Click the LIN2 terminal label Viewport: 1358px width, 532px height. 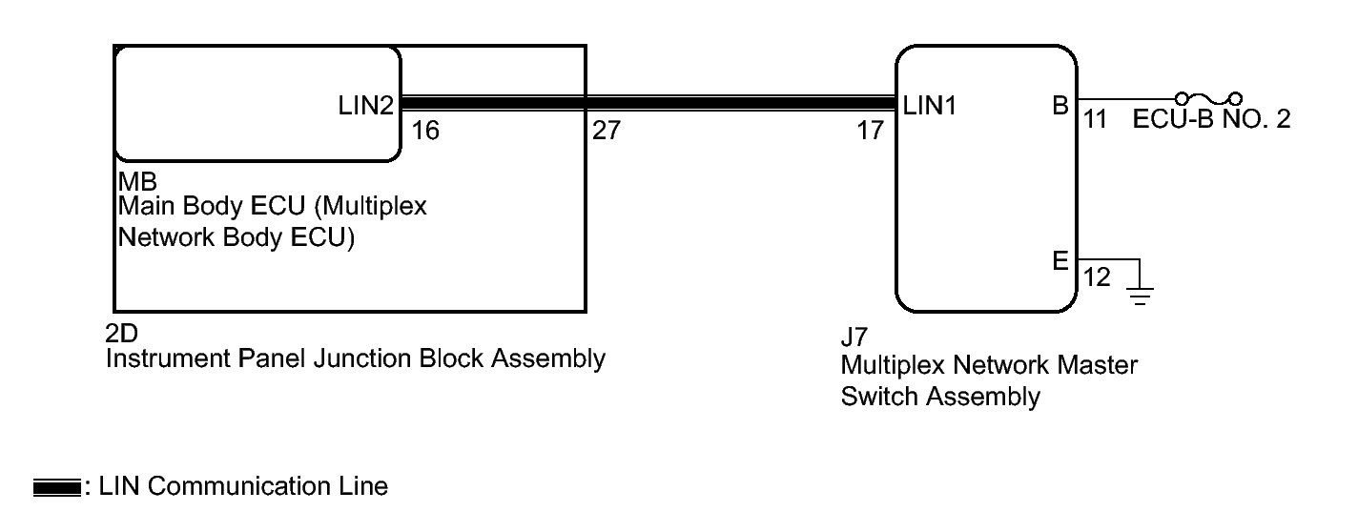(x=365, y=106)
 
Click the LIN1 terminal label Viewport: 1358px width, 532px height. (x=930, y=106)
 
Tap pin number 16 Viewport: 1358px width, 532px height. (x=425, y=131)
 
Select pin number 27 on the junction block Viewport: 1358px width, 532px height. (x=607, y=131)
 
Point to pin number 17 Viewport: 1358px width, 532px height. (x=871, y=131)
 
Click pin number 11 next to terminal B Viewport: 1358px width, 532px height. (x=1095, y=119)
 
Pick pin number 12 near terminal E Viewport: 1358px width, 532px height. (x=1097, y=276)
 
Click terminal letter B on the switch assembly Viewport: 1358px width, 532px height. (x=1060, y=106)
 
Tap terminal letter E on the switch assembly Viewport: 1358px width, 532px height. (x=1060, y=260)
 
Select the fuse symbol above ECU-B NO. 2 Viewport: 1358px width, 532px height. (x=1208, y=98)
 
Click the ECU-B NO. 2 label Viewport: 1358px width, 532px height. (x=1211, y=119)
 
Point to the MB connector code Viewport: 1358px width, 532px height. (x=137, y=182)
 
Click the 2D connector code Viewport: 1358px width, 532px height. (x=121, y=334)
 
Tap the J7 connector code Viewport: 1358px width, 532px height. (x=854, y=337)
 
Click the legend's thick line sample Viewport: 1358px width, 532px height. (x=57, y=487)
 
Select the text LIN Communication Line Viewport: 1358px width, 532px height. (x=243, y=486)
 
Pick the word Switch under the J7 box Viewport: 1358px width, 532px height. (x=880, y=397)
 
